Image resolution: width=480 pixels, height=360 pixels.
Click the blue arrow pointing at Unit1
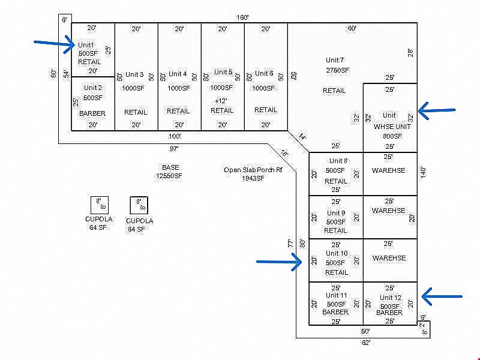54,44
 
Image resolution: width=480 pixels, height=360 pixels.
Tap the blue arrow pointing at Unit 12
442,296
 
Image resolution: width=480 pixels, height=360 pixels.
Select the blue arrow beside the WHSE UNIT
437,110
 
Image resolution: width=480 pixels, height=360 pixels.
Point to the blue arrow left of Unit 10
279,262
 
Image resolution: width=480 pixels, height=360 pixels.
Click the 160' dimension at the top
242,17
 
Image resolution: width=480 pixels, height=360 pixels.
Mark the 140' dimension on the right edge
423,173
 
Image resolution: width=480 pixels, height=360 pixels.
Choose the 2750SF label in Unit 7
337,70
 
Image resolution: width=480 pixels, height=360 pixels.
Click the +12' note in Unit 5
221,101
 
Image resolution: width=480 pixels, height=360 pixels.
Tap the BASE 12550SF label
169,172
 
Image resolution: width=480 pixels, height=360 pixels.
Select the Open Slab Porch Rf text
253,170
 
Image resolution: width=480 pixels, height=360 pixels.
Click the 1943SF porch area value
253,178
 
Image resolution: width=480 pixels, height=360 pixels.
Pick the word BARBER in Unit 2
92,113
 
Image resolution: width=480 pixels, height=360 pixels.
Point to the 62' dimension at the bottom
366,343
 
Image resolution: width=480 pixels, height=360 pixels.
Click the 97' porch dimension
174,149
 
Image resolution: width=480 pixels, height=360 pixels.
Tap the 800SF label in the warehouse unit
392,136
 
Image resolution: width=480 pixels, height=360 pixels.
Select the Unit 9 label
336,213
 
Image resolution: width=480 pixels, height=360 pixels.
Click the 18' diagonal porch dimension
284,153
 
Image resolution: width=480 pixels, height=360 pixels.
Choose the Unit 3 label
134,74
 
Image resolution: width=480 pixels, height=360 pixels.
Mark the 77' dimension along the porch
290,243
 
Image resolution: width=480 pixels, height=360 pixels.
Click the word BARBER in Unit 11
335,312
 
